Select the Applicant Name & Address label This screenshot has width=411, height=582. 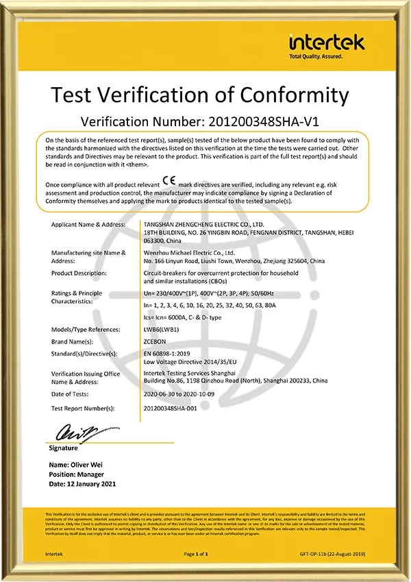point(88,224)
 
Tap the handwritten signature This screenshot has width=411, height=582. point(68,433)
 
